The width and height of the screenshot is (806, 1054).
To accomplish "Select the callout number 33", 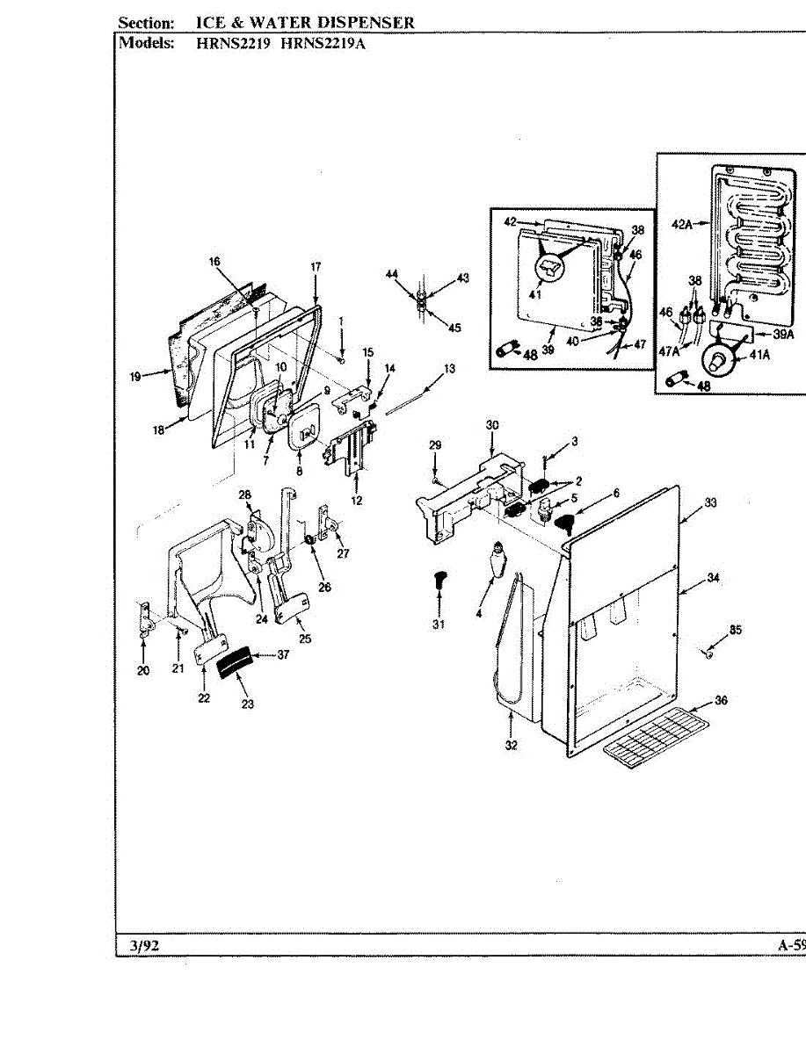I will pos(710,503).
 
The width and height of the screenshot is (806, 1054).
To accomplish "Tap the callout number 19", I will pos(135,377).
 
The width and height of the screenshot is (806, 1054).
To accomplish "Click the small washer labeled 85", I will pos(708,653).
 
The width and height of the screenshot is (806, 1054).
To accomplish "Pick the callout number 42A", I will pos(683,225).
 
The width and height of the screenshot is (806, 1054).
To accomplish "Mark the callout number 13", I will pos(449,369).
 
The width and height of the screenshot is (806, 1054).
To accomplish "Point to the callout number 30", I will pos(491,425).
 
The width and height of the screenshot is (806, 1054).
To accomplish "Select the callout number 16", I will pos(214,261).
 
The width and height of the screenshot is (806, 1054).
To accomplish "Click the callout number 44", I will pos(391,275).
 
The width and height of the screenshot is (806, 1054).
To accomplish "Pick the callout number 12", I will pos(357,501).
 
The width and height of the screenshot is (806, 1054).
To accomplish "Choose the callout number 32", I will pos(511,746).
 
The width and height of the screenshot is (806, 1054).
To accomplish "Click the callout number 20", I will pos(143,671).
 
